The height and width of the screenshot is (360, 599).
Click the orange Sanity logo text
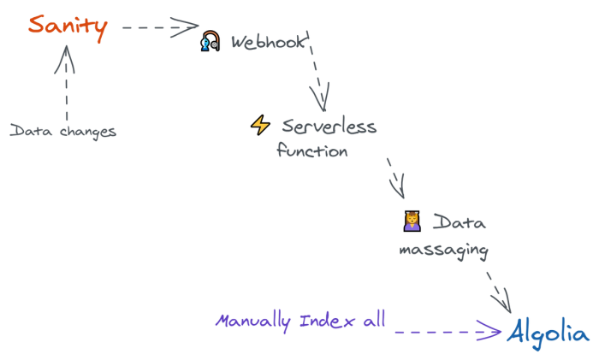tap(68, 26)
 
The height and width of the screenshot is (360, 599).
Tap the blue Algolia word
tap(548, 332)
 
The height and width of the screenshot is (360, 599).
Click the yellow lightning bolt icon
tap(260, 126)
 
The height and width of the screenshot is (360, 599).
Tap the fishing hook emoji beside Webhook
tap(209, 41)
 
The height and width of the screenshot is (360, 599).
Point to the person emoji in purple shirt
tap(412, 221)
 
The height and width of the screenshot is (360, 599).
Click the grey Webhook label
tap(269, 40)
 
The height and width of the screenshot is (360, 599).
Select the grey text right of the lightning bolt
tap(329, 127)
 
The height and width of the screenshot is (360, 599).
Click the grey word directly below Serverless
tap(312, 151)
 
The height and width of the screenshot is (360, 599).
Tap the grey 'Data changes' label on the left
tap(63, 132)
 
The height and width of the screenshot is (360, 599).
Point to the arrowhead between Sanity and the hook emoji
tap(183, 26)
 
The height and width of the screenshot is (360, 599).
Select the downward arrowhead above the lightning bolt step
tap(319, 93)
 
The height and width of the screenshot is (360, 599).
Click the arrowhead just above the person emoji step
tap(396, 180)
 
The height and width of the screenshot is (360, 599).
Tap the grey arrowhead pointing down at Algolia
tap(499, 292)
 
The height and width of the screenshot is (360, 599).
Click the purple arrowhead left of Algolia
tap(488, 330)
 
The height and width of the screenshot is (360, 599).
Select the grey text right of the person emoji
tap(459, 222)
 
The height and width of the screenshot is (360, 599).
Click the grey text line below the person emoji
tap(442, 251)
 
